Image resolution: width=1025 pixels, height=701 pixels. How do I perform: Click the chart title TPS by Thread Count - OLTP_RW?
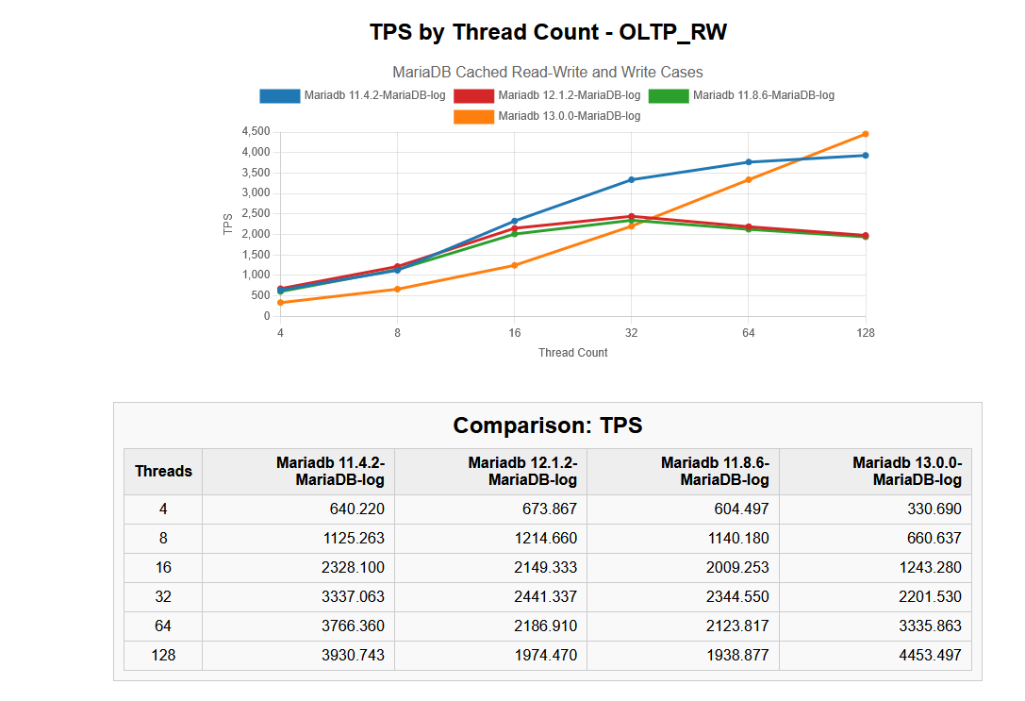tap(548, 32)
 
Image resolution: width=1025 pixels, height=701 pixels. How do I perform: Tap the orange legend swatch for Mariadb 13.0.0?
tap(473, 116)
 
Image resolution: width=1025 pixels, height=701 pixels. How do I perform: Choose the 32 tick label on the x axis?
tap(631, 333)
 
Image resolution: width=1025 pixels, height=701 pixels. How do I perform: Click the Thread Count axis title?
tap(572, 353)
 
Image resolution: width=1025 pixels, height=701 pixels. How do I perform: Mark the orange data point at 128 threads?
tap(865, 134)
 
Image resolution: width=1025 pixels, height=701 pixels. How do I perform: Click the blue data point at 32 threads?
tap(631, 179)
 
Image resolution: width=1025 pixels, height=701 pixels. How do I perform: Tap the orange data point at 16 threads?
tap(514, 265)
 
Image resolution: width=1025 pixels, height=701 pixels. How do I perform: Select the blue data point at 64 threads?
tap(748, 162)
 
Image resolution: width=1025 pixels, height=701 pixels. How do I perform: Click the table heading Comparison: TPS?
tap(548, 426)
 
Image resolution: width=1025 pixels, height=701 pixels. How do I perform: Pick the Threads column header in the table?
tap(163, 472)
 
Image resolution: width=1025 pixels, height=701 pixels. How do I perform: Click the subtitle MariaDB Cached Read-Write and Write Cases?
tap(548, 73)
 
